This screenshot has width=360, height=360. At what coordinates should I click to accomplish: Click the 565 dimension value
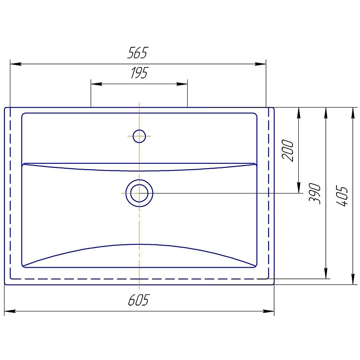click(x=138, y=53)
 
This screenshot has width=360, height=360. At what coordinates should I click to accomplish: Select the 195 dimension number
click(x=139, y=72)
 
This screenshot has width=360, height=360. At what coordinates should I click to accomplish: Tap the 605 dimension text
click(x=139, y=300)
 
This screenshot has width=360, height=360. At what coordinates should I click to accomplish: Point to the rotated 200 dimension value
click(x=288, y=150)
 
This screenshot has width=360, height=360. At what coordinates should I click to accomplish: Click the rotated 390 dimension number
click(x=314, y=193)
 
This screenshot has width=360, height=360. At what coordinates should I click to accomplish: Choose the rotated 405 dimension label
click(x=342, y=196)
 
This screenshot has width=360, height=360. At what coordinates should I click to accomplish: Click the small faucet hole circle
click(x=139, y=136)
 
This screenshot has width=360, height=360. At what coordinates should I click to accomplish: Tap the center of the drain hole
click(x=139, y=193)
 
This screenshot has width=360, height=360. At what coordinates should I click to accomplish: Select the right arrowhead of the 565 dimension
click(x=261, y=64)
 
